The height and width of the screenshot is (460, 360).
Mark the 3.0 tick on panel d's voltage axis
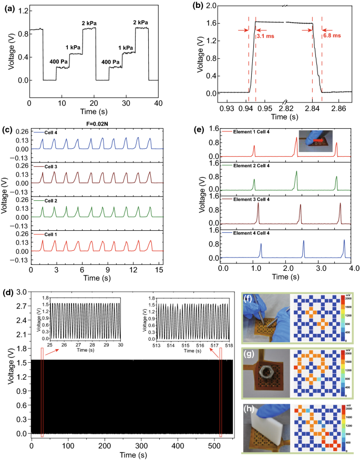(22, 291)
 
